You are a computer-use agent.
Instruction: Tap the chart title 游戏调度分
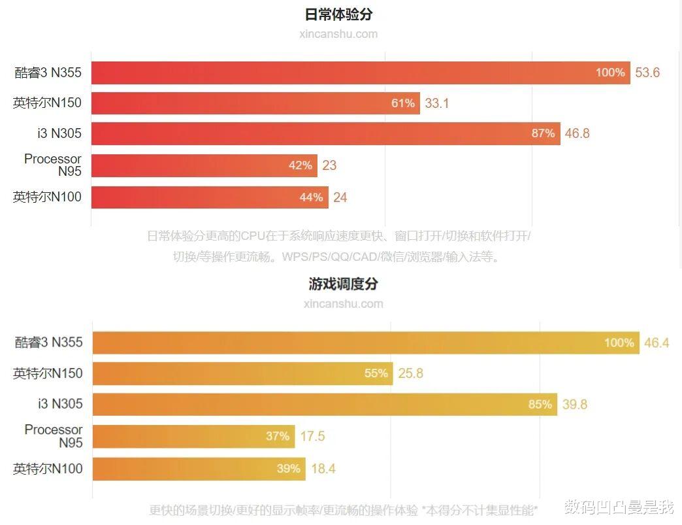[x=343, y=284]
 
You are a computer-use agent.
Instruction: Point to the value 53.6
[x=647, y=73]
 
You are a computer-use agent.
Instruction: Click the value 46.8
[x=577, y=133]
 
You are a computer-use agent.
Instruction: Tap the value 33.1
[x=437, y=103]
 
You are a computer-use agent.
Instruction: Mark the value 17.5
[x=312, y=436]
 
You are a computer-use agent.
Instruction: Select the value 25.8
[x=410, y=373]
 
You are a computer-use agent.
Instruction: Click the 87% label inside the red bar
[x=543, y=133]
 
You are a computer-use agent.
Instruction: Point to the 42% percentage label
[x=300, y=165]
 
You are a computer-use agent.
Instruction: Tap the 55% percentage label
[x=376, y=373]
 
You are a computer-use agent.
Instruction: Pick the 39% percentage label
[x=288, y=469]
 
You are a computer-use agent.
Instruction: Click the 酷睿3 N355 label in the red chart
[x=48, y=73]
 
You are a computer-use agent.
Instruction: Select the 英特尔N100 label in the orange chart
[x=48, y=469]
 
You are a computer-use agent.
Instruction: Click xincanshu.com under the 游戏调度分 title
[x=343, y=303]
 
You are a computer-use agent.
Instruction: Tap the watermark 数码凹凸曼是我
[x=618, y=507]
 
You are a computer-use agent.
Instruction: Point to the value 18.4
[x=323, y=469]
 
